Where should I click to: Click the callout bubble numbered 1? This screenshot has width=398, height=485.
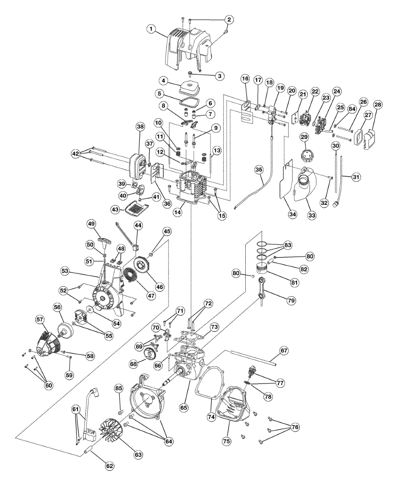click(x=151, y=29)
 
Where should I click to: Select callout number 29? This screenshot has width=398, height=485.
click(x=304, y=137)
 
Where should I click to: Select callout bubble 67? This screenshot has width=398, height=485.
click(x=284, y=350)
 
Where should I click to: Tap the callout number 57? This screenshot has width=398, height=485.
click(x=40, y=319)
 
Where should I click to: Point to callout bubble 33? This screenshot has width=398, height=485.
click(x=312, y=215)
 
